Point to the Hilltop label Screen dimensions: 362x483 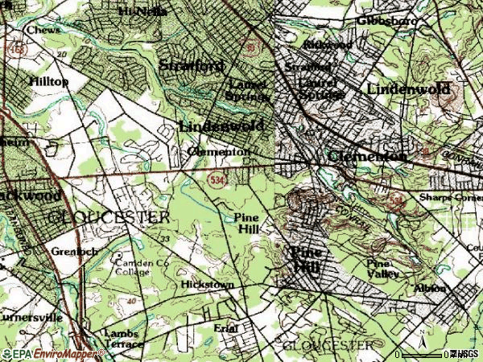tap(49, 82)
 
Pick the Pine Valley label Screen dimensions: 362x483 tap(383, 269)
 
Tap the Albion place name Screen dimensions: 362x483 tap(431, 288)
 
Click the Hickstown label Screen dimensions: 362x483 tap(207, 285)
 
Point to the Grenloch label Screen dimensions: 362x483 tap(74, 250)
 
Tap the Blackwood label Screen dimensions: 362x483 tap(30, 195)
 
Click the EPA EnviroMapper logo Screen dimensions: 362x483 tap(53, 353)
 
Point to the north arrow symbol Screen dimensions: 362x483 tap(423, 339)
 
